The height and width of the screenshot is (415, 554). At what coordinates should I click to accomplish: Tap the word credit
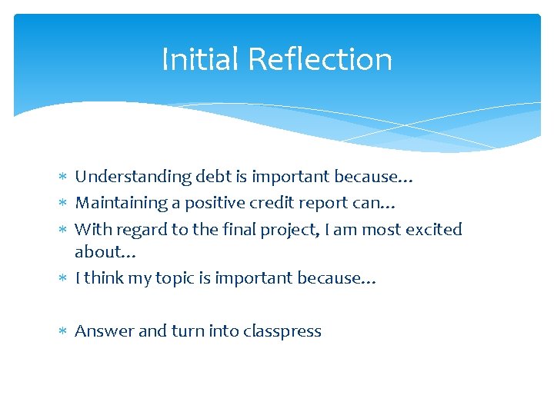pyautogui.click(x=252, y=203)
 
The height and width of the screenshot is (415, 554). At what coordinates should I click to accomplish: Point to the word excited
pyautogui.click(x=433, y=229)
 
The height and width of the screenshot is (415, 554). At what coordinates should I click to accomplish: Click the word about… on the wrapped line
pyautogui.click(x=105, y=251)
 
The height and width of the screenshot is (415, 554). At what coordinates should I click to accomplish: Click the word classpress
pyautogui.click(x=282, y=332)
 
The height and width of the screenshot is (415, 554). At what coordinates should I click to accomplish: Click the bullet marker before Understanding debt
pyautogui.click(x=63, y=178)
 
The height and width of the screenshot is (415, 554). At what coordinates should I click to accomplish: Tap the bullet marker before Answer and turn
pyautogui.click(x=63, y=332)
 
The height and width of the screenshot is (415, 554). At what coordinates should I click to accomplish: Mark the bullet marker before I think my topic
pyautogui.click(x=63, y=278)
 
